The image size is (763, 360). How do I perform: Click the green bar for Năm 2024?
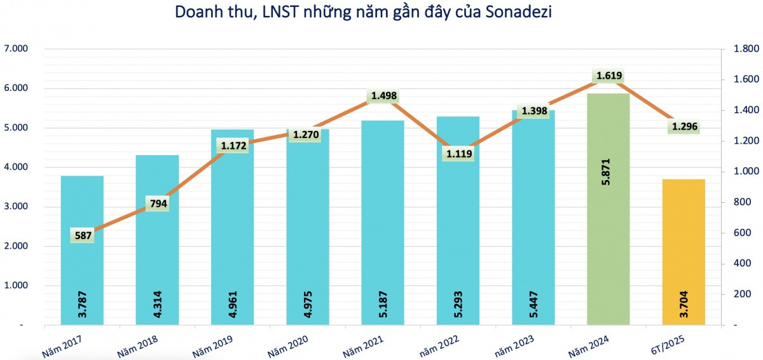pos(608,210)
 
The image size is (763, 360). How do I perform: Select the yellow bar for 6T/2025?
pos(684,254)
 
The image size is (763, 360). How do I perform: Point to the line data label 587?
pos(83,236)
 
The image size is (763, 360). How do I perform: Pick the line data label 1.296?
pos(684,127)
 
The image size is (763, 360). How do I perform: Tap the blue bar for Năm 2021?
pos(383,223)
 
